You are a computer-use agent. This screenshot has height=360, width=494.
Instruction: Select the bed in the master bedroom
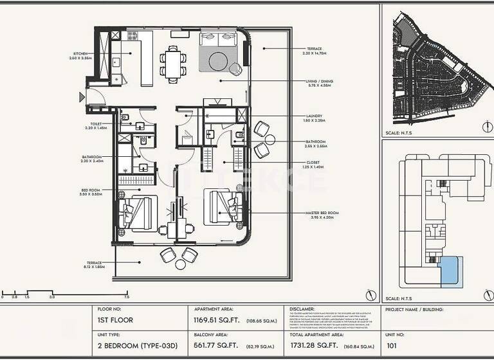223,206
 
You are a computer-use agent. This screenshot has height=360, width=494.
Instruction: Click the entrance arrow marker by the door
81,98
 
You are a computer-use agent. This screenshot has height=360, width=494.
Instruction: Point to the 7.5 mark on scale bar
127,298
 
